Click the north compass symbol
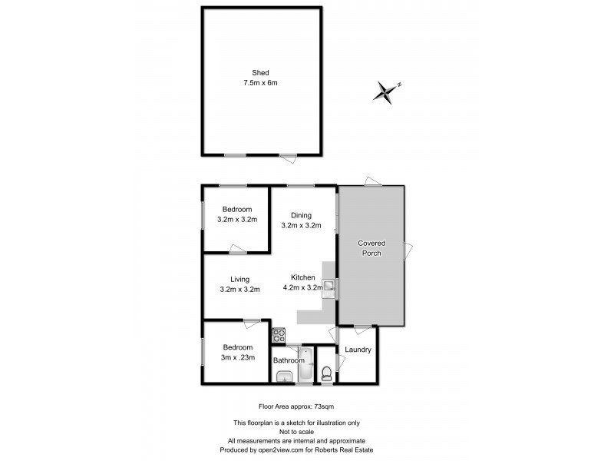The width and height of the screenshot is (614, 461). (386, 92)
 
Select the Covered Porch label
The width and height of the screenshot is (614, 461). (372, 248)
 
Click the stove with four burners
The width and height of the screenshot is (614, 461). (279, 335)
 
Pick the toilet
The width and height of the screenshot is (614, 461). (328, 373)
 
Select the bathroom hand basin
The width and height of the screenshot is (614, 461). (282, 375)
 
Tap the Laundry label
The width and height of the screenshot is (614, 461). (358, 350)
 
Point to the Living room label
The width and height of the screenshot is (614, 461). (239, 280)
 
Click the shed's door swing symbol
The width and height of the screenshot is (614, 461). (288, 158)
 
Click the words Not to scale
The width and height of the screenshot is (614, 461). (306, 431)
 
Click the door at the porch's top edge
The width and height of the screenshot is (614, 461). (373, 182)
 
